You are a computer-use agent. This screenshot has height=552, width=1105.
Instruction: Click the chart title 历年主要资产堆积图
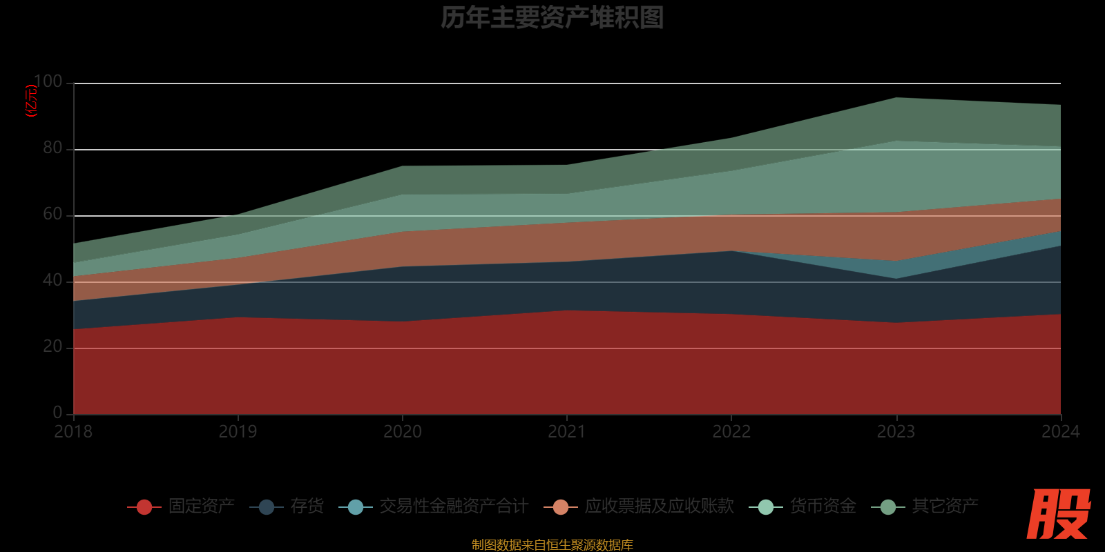click(x=552, y=18)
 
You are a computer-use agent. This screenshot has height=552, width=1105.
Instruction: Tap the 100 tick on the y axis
click(x=48, y=82)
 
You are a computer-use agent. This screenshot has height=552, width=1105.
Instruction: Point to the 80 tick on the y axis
click(x=52, y=148)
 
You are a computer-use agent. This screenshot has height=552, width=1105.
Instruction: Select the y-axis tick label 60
click(x=52, y=214)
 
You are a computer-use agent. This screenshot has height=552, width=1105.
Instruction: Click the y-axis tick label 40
click(x=52, y=280)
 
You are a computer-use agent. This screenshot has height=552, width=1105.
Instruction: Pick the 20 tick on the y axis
click(x=52, y=346)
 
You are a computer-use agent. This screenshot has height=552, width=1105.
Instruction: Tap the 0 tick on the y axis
click(x=57, y=413)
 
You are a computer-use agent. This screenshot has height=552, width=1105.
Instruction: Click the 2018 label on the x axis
click(x=73, y=432)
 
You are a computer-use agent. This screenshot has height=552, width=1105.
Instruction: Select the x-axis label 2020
click(x=403, y=432)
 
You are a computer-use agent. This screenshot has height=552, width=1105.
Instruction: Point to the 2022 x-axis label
click(x=731, y=432)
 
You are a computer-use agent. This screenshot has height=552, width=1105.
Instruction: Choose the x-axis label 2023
click(x=896, y=432)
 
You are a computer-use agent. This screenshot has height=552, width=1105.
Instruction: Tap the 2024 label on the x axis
click(x=1060, y=432)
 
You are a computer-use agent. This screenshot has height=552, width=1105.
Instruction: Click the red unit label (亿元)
click(x=31, y=101)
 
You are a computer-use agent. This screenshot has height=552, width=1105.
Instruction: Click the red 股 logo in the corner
click(x=1058, y=514)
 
